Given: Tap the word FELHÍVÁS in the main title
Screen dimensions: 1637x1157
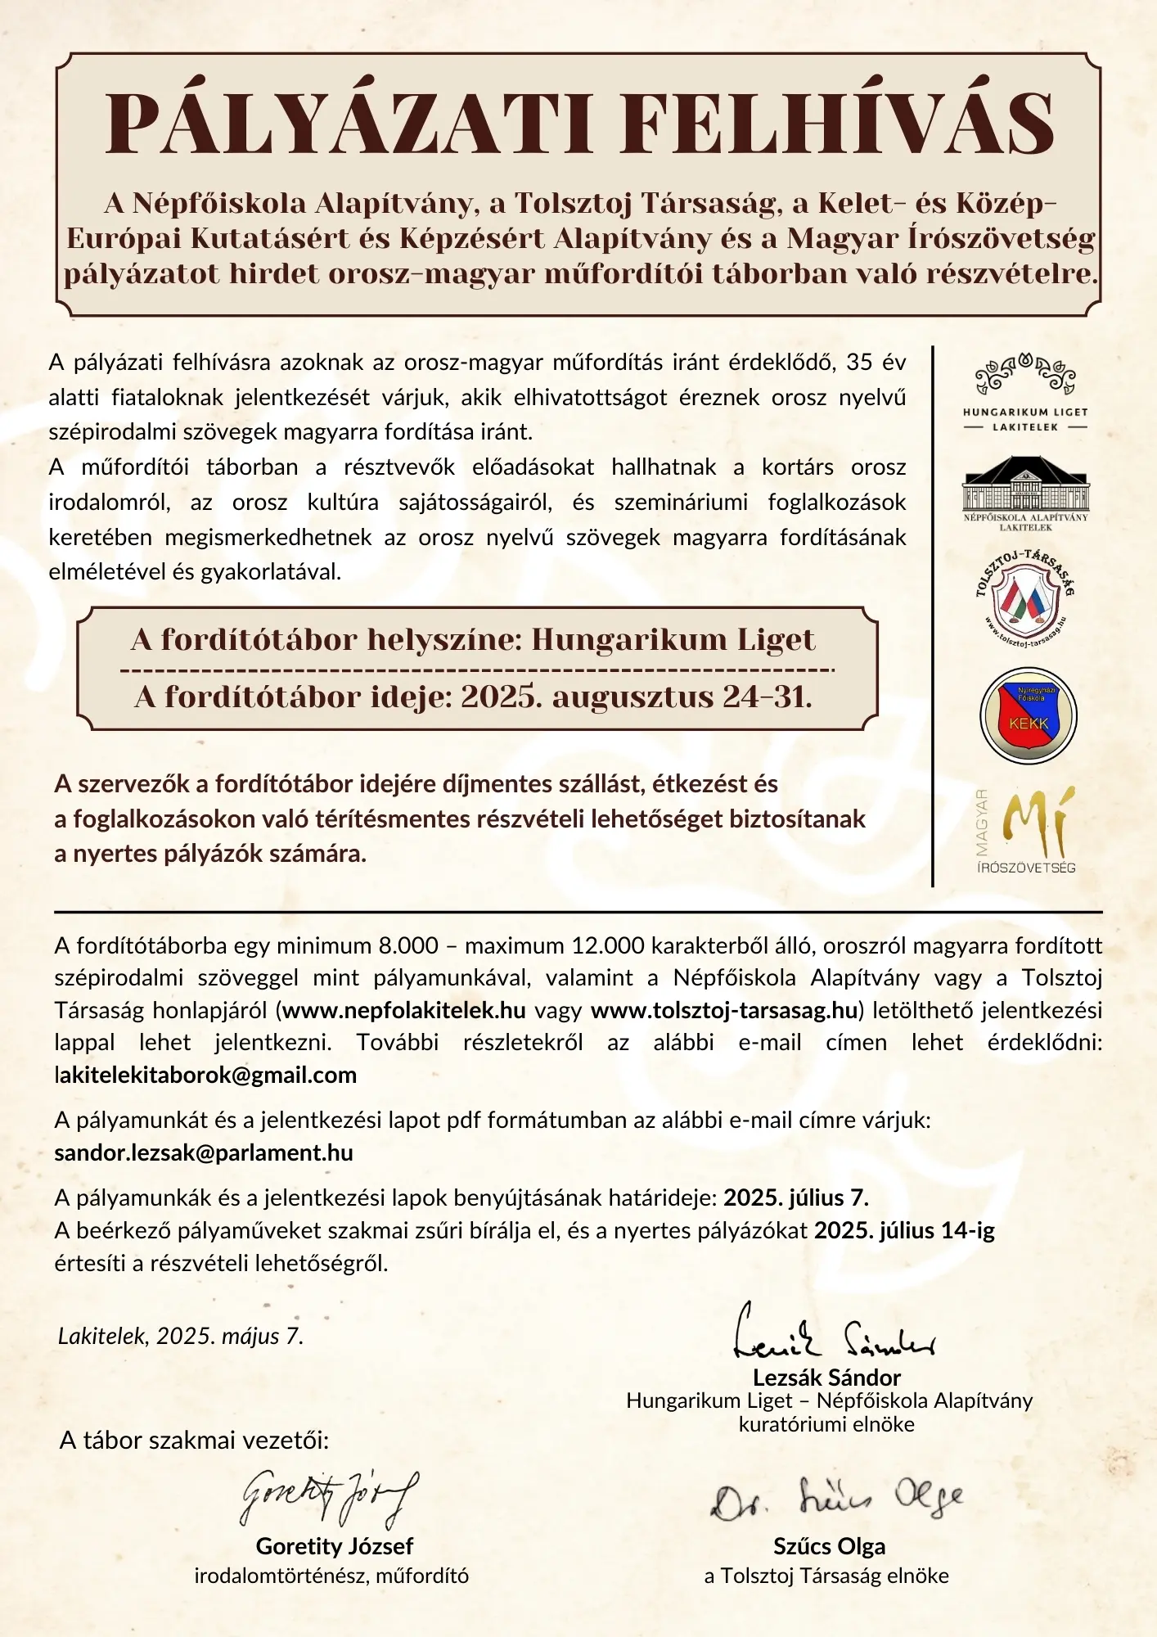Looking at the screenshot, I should click(837, 124).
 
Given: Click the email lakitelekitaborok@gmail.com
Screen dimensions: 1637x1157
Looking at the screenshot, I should click(205, 1075).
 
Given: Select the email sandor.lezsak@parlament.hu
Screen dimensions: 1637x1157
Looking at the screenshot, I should click(204, 1152).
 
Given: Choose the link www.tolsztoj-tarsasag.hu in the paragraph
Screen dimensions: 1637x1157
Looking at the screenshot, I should click(723, 1010).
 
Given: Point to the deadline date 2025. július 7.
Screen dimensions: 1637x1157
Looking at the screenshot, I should click(795, 1197).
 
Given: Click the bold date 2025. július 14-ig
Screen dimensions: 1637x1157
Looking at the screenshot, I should click(904, 1230).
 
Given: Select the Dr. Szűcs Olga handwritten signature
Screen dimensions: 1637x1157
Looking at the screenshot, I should click(836, 1499).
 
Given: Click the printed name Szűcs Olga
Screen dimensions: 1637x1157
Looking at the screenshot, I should click(829, 1546).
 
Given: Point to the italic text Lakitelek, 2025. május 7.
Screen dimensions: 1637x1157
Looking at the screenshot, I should click(181, 1337).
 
